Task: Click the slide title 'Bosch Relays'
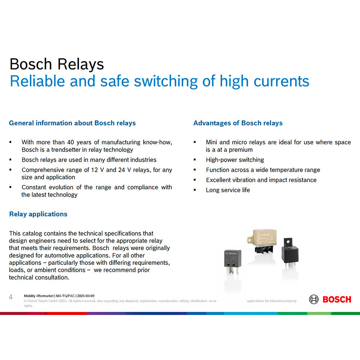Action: tap(57, 64)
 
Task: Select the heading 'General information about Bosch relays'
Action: tap(72, 123)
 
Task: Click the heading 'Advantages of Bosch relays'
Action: tap(238, 123)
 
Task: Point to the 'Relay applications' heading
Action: tap(38, 214)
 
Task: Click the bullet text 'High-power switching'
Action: tap(235, 160)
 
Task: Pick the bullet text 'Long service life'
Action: tap(228, 190)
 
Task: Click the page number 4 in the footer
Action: tap(11, 297)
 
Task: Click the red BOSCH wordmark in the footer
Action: tap(337, 299)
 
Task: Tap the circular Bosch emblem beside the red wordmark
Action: tap(314, 299)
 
